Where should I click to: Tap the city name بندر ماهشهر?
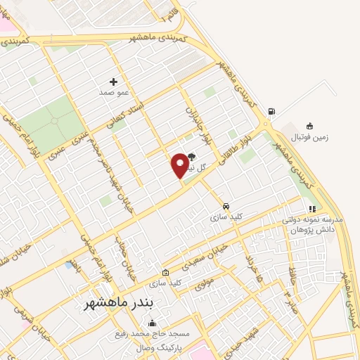point(118,303)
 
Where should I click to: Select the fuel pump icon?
point(272,111)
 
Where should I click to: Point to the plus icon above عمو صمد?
point(113,82)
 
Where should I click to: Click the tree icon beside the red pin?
point(193,157)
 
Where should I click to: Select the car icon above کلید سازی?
point(226,206)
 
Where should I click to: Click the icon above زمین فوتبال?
point(309,126)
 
